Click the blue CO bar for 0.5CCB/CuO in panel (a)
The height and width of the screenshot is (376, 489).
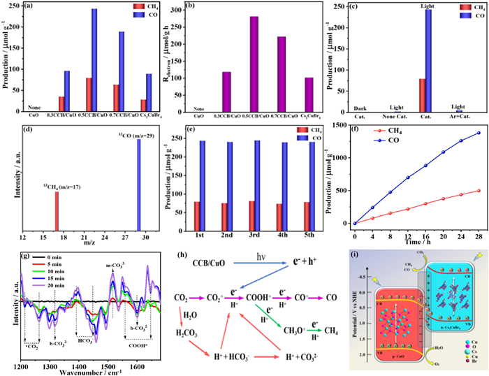[x=94, y=59]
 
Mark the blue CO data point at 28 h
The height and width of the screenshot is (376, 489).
[x=479, y=133]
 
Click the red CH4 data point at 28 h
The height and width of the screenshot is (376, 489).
[x=479, y=191]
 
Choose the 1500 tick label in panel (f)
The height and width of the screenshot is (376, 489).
[x=338, y=124]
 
